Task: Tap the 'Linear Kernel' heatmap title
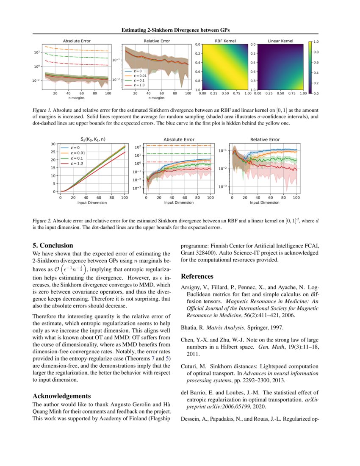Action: click(x=280, y=41)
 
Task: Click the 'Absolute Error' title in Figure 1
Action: click(x=77, y=41)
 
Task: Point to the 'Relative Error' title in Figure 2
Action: click(x=265, y=139)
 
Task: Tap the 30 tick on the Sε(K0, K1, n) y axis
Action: click(x=53, y=144)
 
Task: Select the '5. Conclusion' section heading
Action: click(x=53, y=245)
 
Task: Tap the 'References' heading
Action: click(x=197, y=277)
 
